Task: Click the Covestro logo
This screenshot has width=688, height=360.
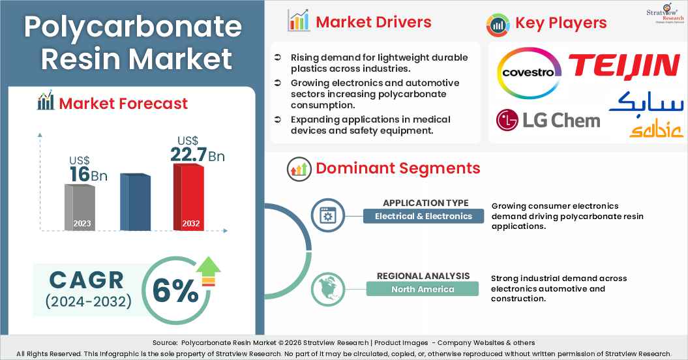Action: pyautogui.click(x=530, y=72)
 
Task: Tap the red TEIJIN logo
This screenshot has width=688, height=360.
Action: pyautogui.click(x=623, y=67)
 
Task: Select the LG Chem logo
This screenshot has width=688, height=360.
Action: pyautogui.click(x=548, y=120)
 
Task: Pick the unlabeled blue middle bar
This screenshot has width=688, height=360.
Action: pyautogui.click(x=135, y=202)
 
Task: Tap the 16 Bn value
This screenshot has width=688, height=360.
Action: pyautogui.click(x=88, y=175)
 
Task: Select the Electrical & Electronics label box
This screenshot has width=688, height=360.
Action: pyautogui.click(x=423, y=216)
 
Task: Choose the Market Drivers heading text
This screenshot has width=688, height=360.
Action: pyautogui.click(x=373, y=22)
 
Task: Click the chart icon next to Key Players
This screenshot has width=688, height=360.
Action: pyautogui.click(x=498, y=24)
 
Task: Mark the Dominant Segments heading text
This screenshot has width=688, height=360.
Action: pyautogui.click(x=398, y=168)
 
